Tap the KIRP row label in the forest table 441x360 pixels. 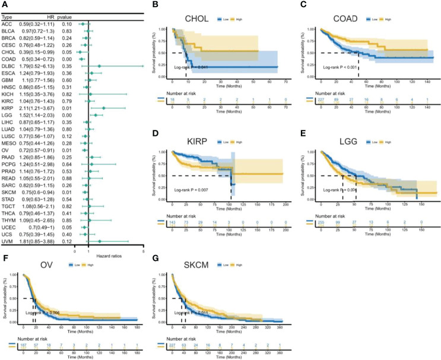click(10, 108)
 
